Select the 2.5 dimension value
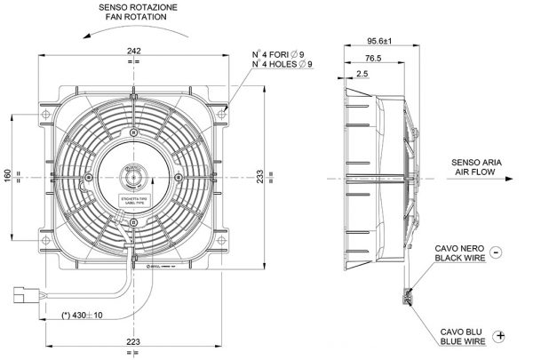362,74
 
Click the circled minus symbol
496,252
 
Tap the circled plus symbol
502,335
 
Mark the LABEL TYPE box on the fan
135,203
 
